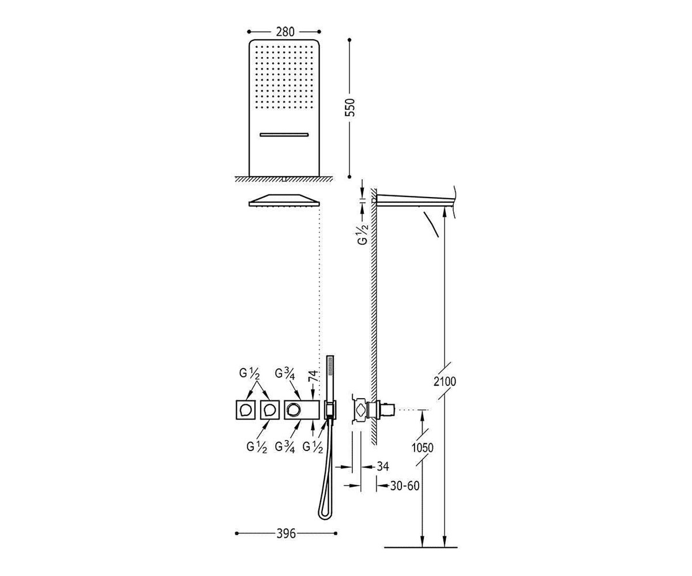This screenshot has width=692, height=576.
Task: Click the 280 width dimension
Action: click(285, 32)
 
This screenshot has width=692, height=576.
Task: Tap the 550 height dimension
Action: click(350, 107)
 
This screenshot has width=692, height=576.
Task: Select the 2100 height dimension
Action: click(445, 382)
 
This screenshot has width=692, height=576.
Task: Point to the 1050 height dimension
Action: click(422, 448)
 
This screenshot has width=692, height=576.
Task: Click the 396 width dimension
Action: click(286, 533)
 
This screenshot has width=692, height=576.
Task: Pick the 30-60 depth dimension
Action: click(405, 486)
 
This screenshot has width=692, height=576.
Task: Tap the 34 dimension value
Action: click(383, 467)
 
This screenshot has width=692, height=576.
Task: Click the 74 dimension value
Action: click(314, 376)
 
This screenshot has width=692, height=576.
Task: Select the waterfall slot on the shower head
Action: click(284, 134)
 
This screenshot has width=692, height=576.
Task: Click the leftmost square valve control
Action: click(246, 410)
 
